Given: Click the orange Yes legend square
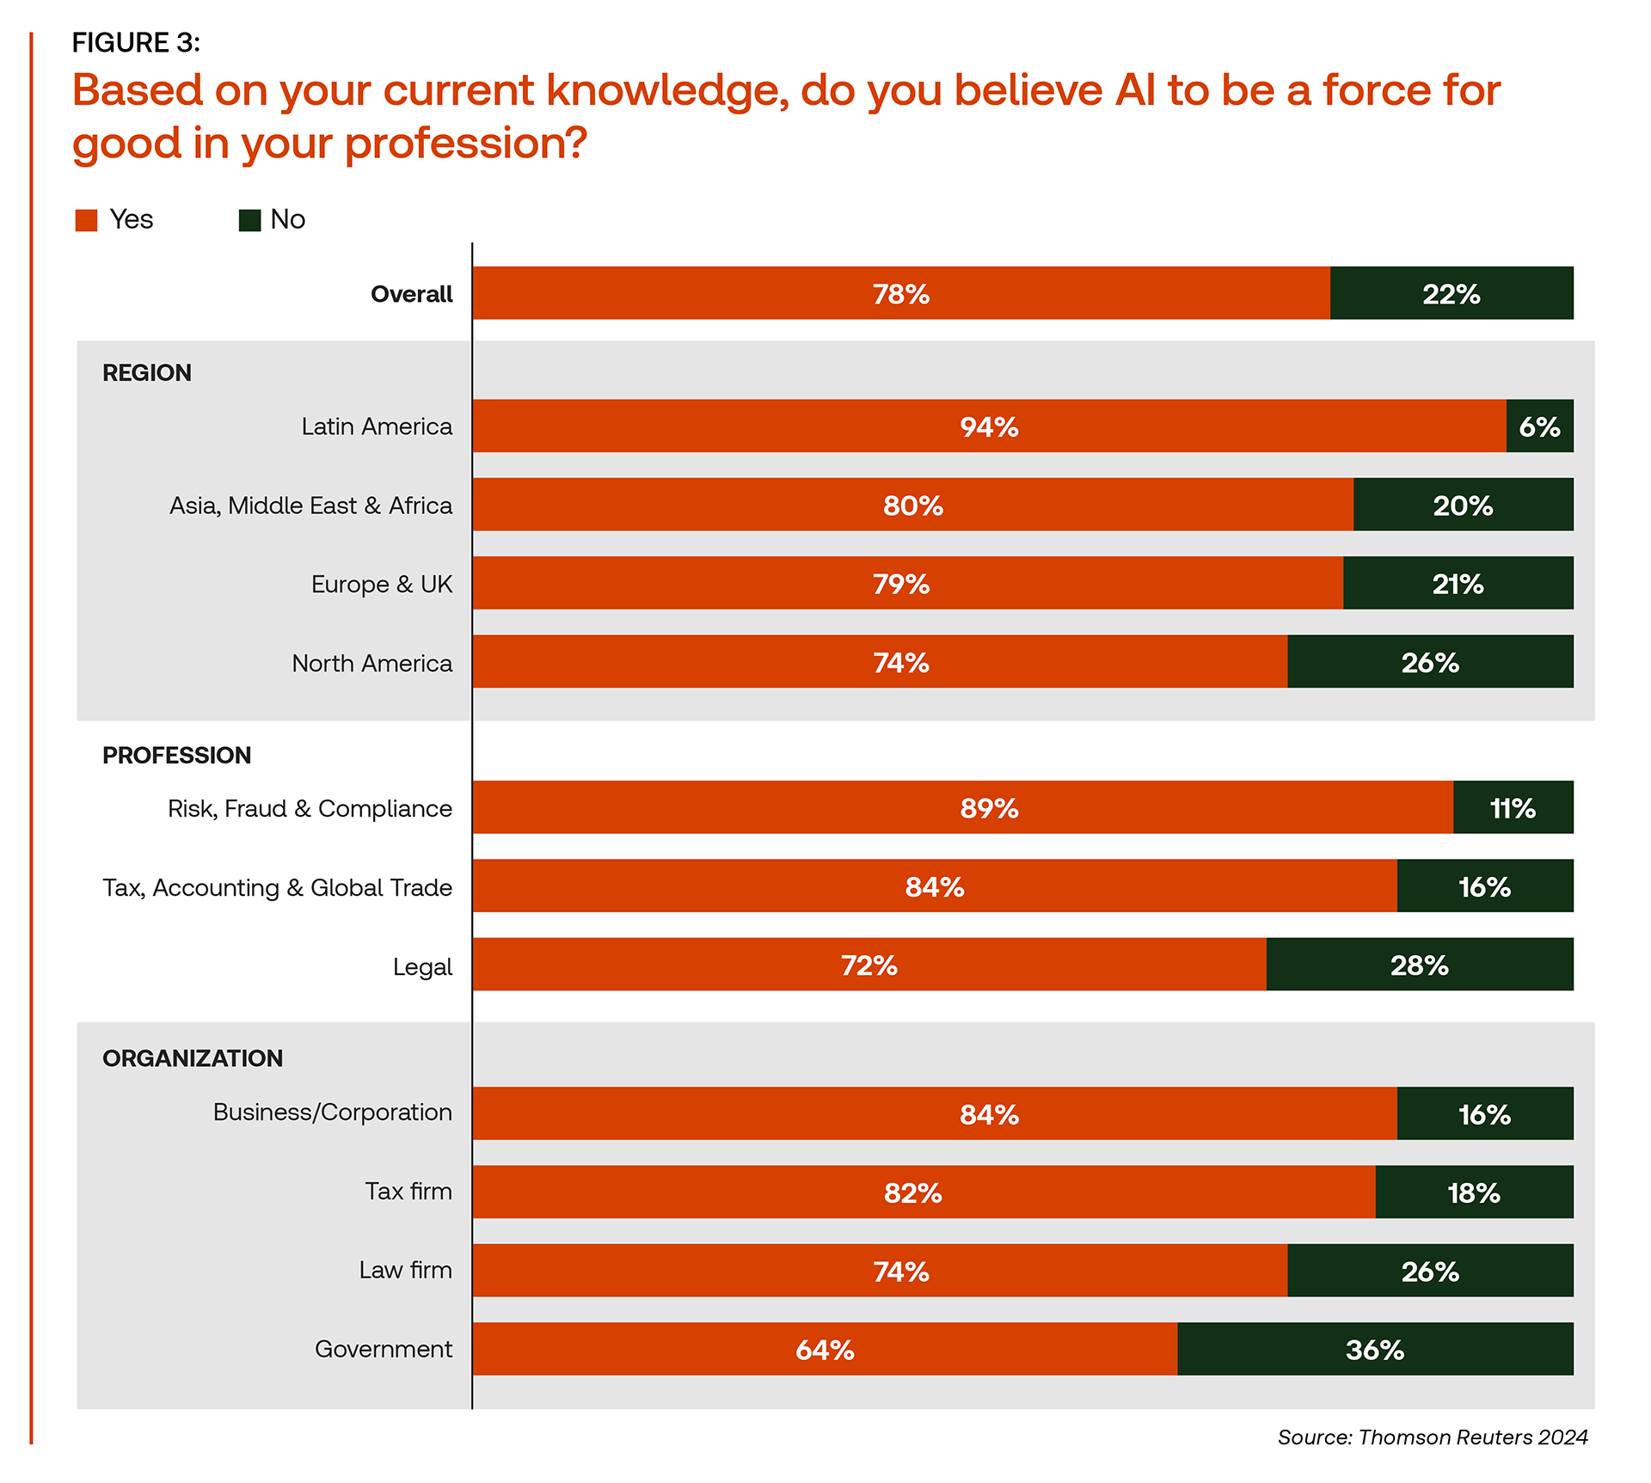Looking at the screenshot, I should pyautogui.click(x=86, y=220).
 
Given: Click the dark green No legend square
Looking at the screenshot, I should pyautogui.click(x=249, y=220).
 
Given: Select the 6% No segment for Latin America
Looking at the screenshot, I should pyautogui.click(x=1539, y=426).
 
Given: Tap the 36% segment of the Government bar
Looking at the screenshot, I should pyautogui.click(x=1375, y=1349).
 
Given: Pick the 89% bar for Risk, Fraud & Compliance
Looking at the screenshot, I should pyautogui.click(x=962, y=808).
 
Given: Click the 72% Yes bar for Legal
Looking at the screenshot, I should pyautogui.click(x=868, y=965).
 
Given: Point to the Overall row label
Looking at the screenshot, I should pyautogui.click(x=411, y=294).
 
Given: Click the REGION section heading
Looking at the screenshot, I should pyautogui.click(x=147, y=373).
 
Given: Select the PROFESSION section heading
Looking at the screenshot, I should pyautogui.click(x=176, y=756).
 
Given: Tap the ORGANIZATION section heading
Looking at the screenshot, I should pyautogui.click(x=193, y=1058).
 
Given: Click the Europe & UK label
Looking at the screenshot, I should pyautogui.click(x=381, y=585).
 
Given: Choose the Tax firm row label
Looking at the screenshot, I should pyautogui.click(x=408, y=1192).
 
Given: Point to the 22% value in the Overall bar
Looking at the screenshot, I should pyautogui.click(x=1451, y=294).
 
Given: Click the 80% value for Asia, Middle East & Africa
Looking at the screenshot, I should pyautogui.click(x=912, y=506).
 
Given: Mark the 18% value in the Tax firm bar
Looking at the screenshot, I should pyautogui.click(x=1473, y=1192).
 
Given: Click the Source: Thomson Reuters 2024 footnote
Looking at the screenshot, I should pyautogui.click(x=1432, y=1437).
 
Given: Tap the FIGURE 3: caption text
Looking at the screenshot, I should pyautogui.click(x=136, y=43).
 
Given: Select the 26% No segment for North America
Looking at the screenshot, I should pyautogui.click(x=1430, y=663).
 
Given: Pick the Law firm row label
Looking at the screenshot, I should pyautogui.click(x=405, y=1271).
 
